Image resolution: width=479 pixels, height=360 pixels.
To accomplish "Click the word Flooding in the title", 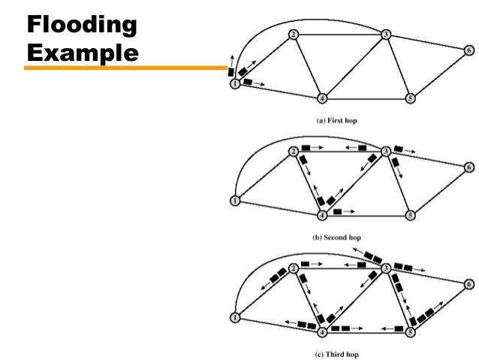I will click(82, 26).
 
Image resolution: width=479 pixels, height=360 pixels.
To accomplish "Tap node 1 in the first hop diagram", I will click(235, 84).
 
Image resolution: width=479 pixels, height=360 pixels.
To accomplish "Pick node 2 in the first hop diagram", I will click(293, 35).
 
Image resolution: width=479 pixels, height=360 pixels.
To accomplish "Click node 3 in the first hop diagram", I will click(385, 35).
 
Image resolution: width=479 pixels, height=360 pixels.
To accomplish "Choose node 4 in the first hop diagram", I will click(321, 98).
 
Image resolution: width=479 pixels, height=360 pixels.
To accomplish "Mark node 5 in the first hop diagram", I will click(410, 98).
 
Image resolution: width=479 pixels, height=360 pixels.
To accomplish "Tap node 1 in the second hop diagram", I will click(235, 201).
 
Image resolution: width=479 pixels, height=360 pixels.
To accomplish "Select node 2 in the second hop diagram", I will click(293, 151).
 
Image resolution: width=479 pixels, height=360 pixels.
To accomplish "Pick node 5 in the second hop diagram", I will click(410, 215).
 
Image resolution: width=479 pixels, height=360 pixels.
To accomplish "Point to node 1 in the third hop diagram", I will click(235, 318).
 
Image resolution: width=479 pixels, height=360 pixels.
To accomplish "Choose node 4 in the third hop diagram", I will click(321, 331).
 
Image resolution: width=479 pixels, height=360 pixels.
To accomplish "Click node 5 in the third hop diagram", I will click(410, 331).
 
